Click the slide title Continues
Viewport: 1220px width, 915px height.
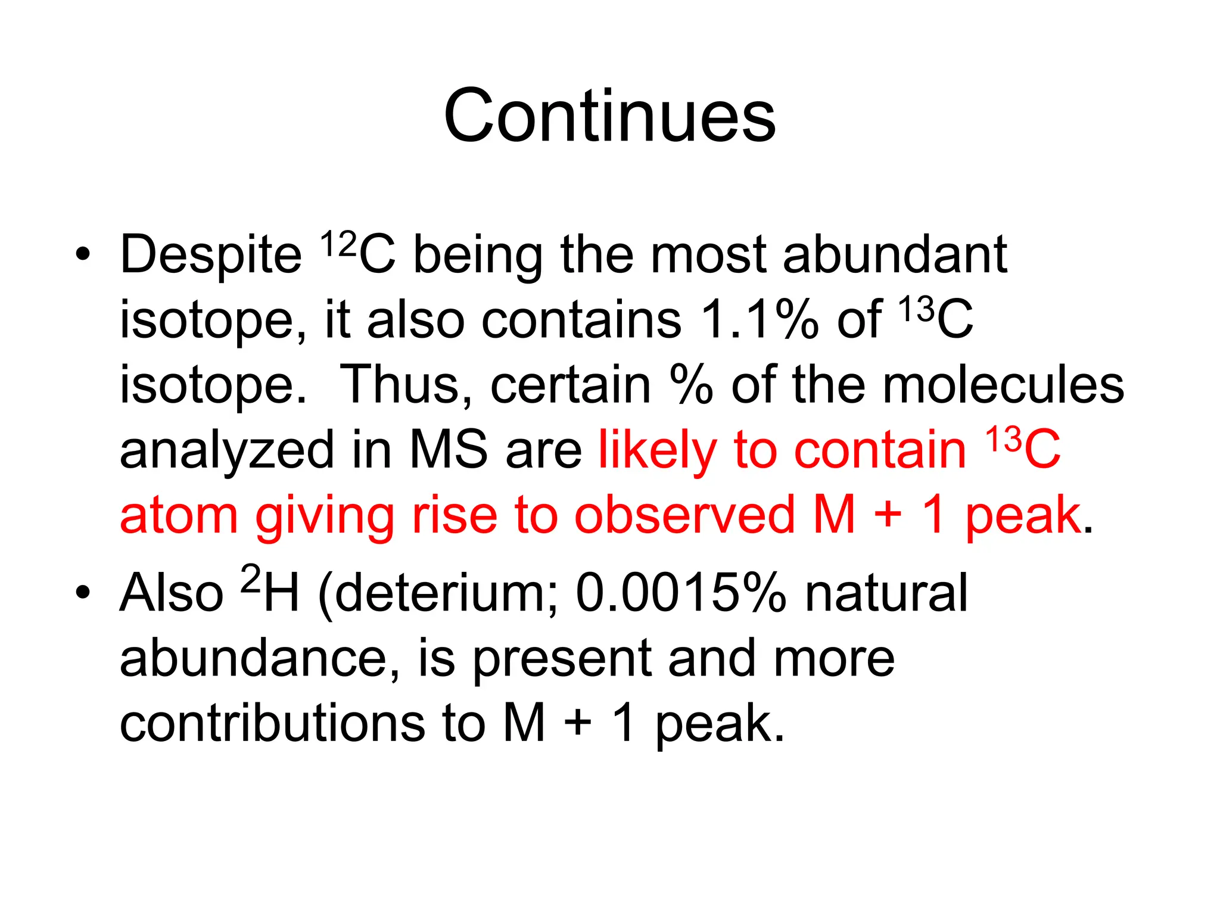pos(609,116)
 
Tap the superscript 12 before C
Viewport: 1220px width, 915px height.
pos(338,244)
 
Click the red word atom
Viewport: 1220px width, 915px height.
pos(179,516)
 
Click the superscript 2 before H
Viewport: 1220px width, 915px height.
pos(251,579)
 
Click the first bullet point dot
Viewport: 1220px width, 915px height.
pos(83,255)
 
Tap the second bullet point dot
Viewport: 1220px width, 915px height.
pos(83,593)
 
